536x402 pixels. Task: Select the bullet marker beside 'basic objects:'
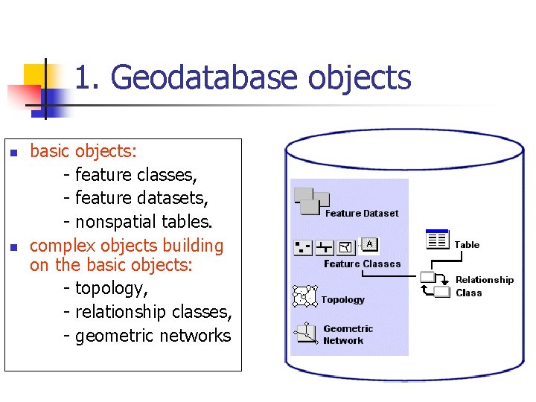click(x=13, y=154)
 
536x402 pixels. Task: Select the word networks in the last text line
click(x=195, y=336)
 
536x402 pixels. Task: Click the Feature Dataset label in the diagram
click(x=362, y=214)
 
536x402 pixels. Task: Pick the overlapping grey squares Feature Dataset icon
click(x=311, y=200)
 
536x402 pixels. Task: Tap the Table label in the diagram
click(x=467, y=245)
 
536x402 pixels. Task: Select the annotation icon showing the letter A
click(x=370, y=245)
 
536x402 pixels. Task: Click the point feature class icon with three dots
click(x=303, y=246)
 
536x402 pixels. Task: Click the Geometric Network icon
click(x=305, y=333)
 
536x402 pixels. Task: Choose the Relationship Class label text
click(x=484, y=287)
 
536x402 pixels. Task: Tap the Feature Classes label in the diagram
click(x=362, y=264)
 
